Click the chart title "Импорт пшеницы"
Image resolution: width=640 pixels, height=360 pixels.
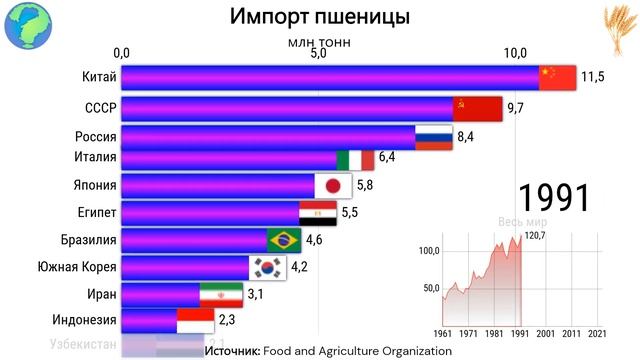click(x=319, y=18)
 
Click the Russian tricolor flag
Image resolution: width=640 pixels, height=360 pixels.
click(x=434, y=137)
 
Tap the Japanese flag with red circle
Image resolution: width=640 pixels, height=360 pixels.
click(x=362, y=186)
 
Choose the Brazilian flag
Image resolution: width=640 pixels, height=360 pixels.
click(x=285, y=240)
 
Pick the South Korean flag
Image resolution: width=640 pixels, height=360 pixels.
click(x=268, y=267)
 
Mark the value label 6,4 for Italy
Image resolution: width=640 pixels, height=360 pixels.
click(x=387, y=157)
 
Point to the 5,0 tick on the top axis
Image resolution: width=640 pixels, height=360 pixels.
click(x=319, y=52)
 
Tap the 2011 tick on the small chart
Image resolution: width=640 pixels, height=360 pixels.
click(x=571, y=332)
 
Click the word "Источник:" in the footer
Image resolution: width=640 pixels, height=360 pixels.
click(x=231, y=351)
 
